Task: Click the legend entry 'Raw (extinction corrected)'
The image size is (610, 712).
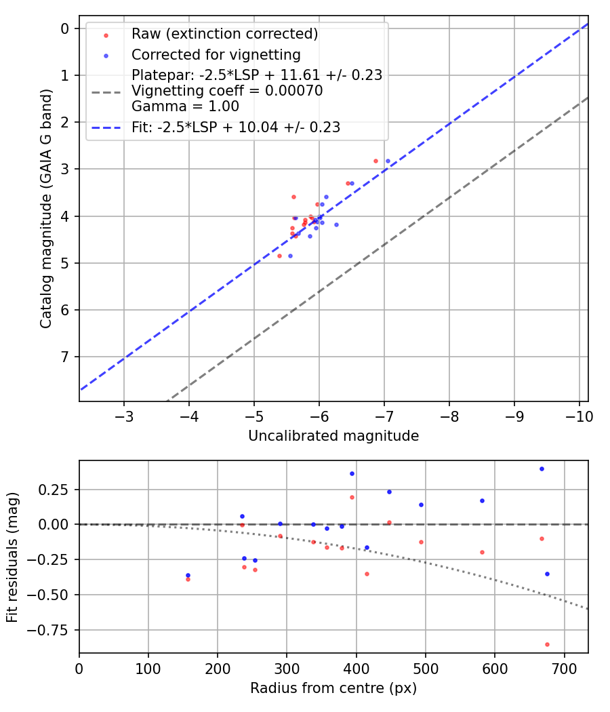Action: (224, 34)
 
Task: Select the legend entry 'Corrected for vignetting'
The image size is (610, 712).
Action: (216, 54)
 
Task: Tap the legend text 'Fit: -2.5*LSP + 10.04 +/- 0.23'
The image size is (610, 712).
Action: (236, 127)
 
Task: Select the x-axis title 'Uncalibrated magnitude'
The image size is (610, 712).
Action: (333, 436)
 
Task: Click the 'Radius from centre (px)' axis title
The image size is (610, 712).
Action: (333, 688)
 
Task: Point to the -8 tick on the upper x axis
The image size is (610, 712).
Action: (449, 415)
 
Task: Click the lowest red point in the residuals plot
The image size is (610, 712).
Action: (547, 644)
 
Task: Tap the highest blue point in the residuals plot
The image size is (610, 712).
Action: (542, 469)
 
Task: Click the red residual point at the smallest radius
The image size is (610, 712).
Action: (188, 579)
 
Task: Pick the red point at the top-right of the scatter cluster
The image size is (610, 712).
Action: (375, 161)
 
